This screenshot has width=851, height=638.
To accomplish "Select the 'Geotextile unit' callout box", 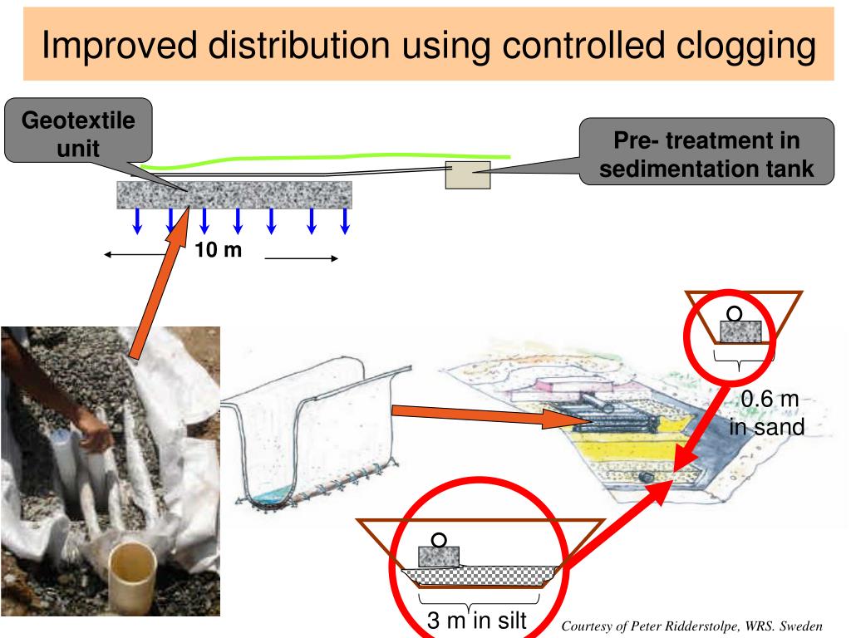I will pos(78,131).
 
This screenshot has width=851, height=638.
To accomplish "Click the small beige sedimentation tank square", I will pos(467,174).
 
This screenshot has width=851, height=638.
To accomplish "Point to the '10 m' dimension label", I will pos(219,249).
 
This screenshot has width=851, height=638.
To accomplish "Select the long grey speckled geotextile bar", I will pos(234,195).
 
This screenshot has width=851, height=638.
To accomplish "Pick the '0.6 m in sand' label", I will pos(768,414).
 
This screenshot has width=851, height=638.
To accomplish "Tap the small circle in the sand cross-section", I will pos(735,313).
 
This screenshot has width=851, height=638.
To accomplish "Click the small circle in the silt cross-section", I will pos(440,539).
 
